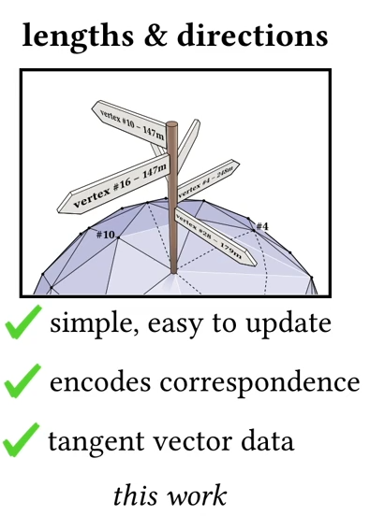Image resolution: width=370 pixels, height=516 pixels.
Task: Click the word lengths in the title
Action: pos(78,36)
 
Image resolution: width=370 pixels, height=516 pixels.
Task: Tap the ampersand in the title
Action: pos(155,35)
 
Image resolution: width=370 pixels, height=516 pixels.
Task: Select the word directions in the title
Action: pos(253,35)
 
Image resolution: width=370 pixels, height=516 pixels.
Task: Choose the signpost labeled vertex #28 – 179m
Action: pos(215,236)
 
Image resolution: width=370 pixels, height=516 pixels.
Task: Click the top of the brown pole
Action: pos(171,124)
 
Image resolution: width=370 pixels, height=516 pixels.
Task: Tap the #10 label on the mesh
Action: pos(106,235)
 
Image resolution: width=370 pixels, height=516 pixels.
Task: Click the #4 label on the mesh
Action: pos(262,226)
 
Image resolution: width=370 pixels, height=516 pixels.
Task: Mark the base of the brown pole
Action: pos(174,270)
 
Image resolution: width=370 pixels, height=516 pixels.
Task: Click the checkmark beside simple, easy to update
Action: pos(23,322)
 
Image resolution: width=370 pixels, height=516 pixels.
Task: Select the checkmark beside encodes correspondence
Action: pos(22,380)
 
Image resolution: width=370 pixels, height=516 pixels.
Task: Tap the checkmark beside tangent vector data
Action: pos(22,439)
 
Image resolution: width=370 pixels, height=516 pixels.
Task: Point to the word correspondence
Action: pos(259,382)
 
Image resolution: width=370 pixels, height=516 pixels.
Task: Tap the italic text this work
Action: pos(170,494)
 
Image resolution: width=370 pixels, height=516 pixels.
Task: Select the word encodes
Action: pos(100,381)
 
